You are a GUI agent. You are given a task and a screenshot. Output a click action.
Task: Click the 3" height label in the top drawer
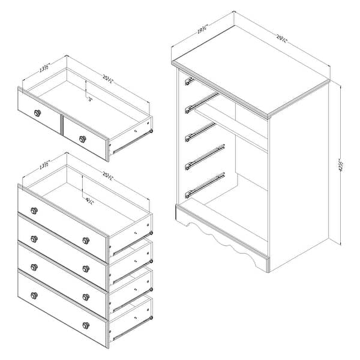[x=90, y=100]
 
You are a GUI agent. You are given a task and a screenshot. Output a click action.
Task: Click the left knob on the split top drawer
[x=38, y=113]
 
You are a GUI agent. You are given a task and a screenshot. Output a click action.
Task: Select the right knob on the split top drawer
[x=82, y=139]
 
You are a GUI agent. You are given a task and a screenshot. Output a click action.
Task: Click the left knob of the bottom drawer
[x=34, y=295]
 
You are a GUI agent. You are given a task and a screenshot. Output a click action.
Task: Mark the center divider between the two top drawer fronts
[x=61, y=123]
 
